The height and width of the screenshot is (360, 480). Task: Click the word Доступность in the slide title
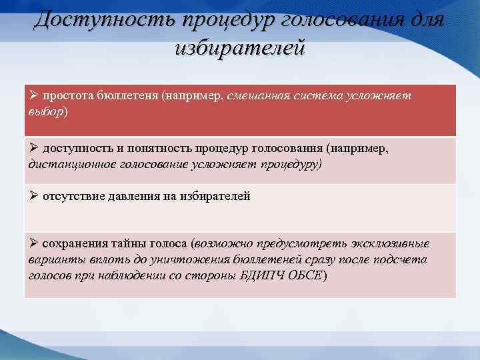99,19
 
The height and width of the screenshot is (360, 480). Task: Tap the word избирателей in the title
239,49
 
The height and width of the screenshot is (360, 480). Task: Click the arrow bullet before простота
33,95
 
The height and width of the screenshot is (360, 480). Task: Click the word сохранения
74,244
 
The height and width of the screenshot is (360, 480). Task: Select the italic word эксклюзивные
394,244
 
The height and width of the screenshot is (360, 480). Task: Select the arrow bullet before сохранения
33,243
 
